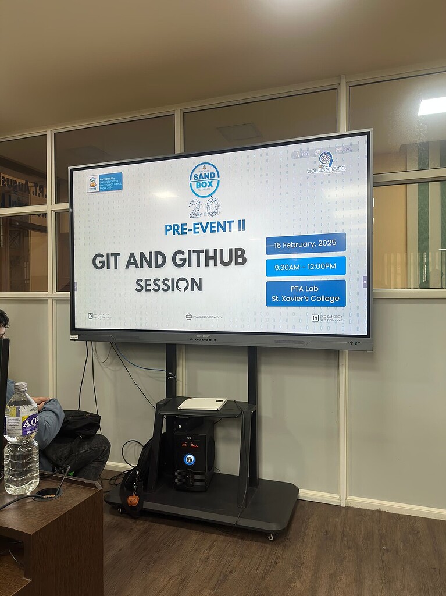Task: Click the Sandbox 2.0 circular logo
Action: [x=205, y=180]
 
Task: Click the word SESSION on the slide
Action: [x=169, y=285]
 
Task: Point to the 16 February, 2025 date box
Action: [x=306, y=243]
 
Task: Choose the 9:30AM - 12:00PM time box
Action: [x=306, y=267]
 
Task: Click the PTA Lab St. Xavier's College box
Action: [x=306, y=293]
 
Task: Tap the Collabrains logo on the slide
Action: [x=326, y=162]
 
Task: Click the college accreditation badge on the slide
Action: [x=105, y=183]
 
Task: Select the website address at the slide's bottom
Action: [x=204, y=317]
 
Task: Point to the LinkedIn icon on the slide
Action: [x=315, y=318]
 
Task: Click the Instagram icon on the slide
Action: [x=91, y=315]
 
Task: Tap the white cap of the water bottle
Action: [x=21, y=386]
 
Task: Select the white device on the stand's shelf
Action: [x=202, y=403]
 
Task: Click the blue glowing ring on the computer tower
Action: [x=190, y=459]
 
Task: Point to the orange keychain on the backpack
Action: [x=133, y=500]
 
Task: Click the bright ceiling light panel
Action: [x=432, y=106]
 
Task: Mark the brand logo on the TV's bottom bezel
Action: [x=203, y=337]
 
